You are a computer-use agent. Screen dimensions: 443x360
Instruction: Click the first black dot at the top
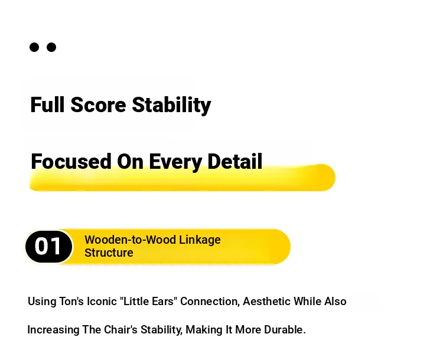coord(34,47)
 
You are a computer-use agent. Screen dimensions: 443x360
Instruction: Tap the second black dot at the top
coord(51,47)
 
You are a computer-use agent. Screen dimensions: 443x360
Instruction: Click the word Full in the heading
coord(47,104)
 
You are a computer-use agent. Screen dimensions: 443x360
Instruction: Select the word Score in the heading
coord(98,104)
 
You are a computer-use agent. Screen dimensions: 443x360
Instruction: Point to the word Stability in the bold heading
coord(171,105)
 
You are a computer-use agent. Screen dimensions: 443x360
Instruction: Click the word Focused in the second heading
coord(71,161)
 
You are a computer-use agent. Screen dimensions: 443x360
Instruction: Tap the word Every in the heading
coord(175,162)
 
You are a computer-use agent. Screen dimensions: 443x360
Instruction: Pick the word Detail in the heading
coord(234,161)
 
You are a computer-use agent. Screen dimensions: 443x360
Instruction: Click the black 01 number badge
coord(48,247)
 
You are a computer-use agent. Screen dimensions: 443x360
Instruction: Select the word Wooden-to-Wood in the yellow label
coord(130,240)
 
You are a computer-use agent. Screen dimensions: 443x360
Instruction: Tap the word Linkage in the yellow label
coord(200,240)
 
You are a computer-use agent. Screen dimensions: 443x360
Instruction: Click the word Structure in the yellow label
coord(109,253)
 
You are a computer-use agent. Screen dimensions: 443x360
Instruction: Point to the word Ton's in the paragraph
coord(71,301)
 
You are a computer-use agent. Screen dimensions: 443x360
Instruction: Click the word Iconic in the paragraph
coord(102,301)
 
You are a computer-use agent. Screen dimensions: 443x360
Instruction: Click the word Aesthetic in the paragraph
coord(267,301)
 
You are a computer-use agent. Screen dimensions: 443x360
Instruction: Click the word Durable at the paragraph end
coord(285,329)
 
